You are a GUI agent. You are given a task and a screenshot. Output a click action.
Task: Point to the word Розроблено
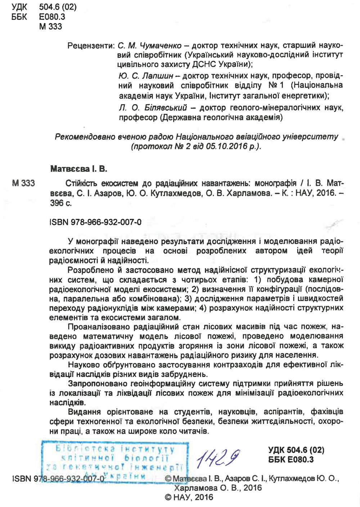click(x=90, y=270)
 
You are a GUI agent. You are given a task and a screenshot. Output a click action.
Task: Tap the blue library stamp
click(x=115, y=463)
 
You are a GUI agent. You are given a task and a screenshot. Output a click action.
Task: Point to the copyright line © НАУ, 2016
click(x=189, y=497)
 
